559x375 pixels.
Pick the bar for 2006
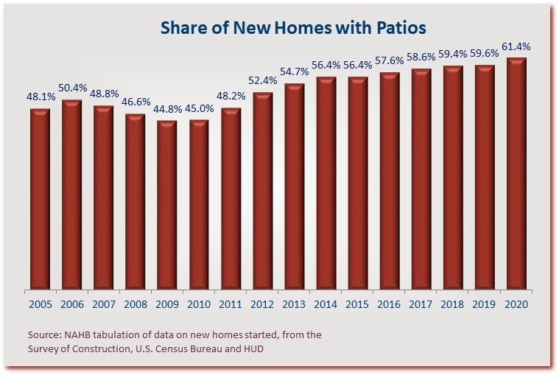pos(71,194)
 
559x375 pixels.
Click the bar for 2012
pos(262,191)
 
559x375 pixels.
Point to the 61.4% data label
pos(516,46)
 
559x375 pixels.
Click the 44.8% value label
pos(167,110)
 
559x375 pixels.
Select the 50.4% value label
pos(71,89)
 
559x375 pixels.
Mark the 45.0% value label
pos(199,109)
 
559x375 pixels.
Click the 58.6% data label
pos(421,59)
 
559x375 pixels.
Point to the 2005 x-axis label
pos(40,304)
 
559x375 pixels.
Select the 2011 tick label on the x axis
pos(231,304)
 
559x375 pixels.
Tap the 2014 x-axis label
pos(326,304)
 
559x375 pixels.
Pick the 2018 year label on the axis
pos(453,304)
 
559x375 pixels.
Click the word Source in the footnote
pos(43,334)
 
